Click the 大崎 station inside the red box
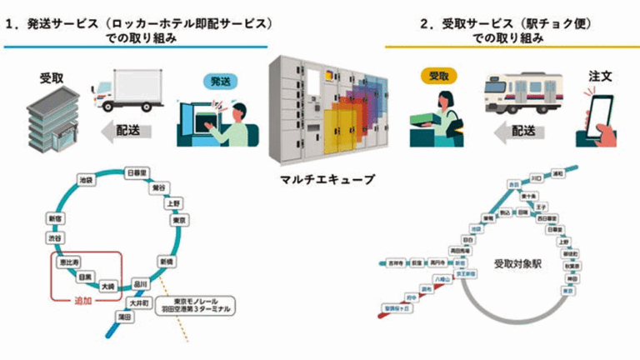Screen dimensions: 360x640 (x=108, y=286)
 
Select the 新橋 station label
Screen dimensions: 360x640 (x=166, y=261)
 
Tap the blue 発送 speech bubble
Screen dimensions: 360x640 (x=220, y=82)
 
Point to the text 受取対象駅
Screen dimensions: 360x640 (x=517, y=262)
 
